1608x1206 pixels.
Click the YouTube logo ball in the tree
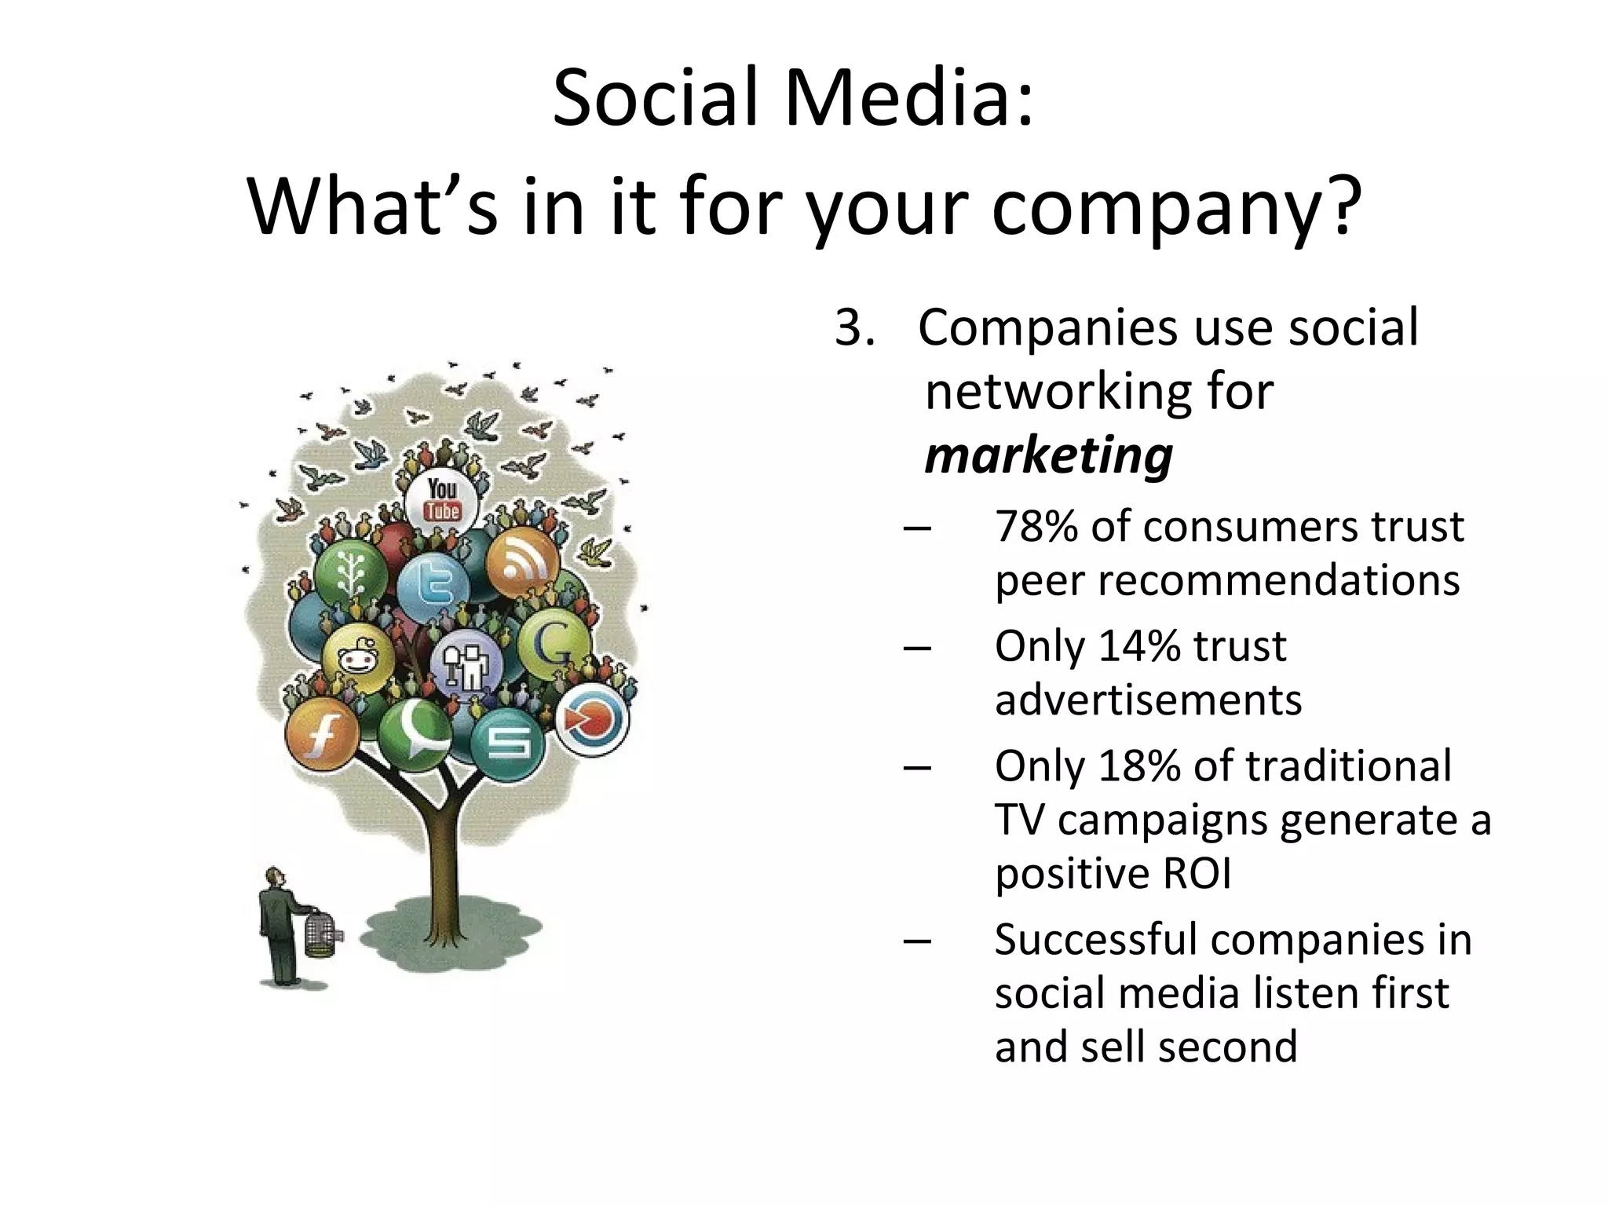coord(442,499)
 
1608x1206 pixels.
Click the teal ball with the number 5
coord(508,743)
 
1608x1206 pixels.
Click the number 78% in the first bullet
coord(1037,527)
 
